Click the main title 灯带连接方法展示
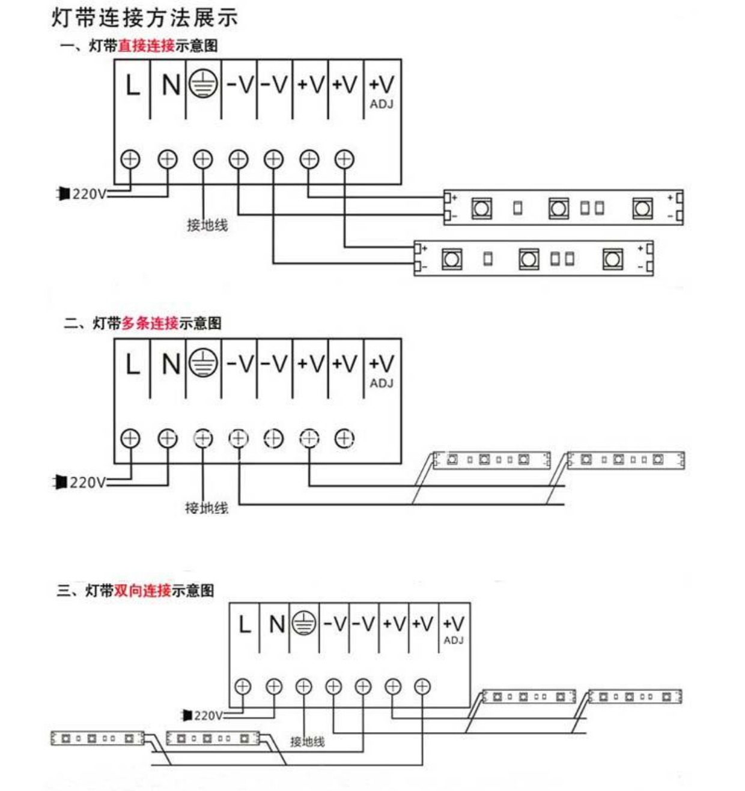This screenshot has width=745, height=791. pos(145,17)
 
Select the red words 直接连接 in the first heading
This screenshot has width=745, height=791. pos(146,46)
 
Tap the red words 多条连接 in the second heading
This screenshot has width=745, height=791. pos(150,323)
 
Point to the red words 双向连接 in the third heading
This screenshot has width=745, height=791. pos(142,591)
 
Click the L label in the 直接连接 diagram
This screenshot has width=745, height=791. pos(132,85)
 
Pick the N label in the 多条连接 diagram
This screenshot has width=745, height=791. pos(171,364)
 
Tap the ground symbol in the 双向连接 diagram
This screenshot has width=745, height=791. pos(304,624)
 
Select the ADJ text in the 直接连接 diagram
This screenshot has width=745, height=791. pos(382,105)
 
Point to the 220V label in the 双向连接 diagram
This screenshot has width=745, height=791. pos(208,715)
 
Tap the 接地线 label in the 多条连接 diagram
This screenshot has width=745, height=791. pos(206,508)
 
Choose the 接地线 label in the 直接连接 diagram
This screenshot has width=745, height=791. pos(207,225)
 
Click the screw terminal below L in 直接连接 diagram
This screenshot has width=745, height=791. pos(130,159)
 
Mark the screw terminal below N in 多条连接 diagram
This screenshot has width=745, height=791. pos(168,439)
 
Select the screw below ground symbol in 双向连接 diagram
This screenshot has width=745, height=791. pos(303,686)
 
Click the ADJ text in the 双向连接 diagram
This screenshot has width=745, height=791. pos(454,641)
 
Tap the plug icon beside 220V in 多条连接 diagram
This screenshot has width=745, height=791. pos(61,482)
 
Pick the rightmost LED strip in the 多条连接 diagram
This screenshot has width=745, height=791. pos(625,460)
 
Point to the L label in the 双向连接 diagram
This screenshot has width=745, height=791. pos(244,625)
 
